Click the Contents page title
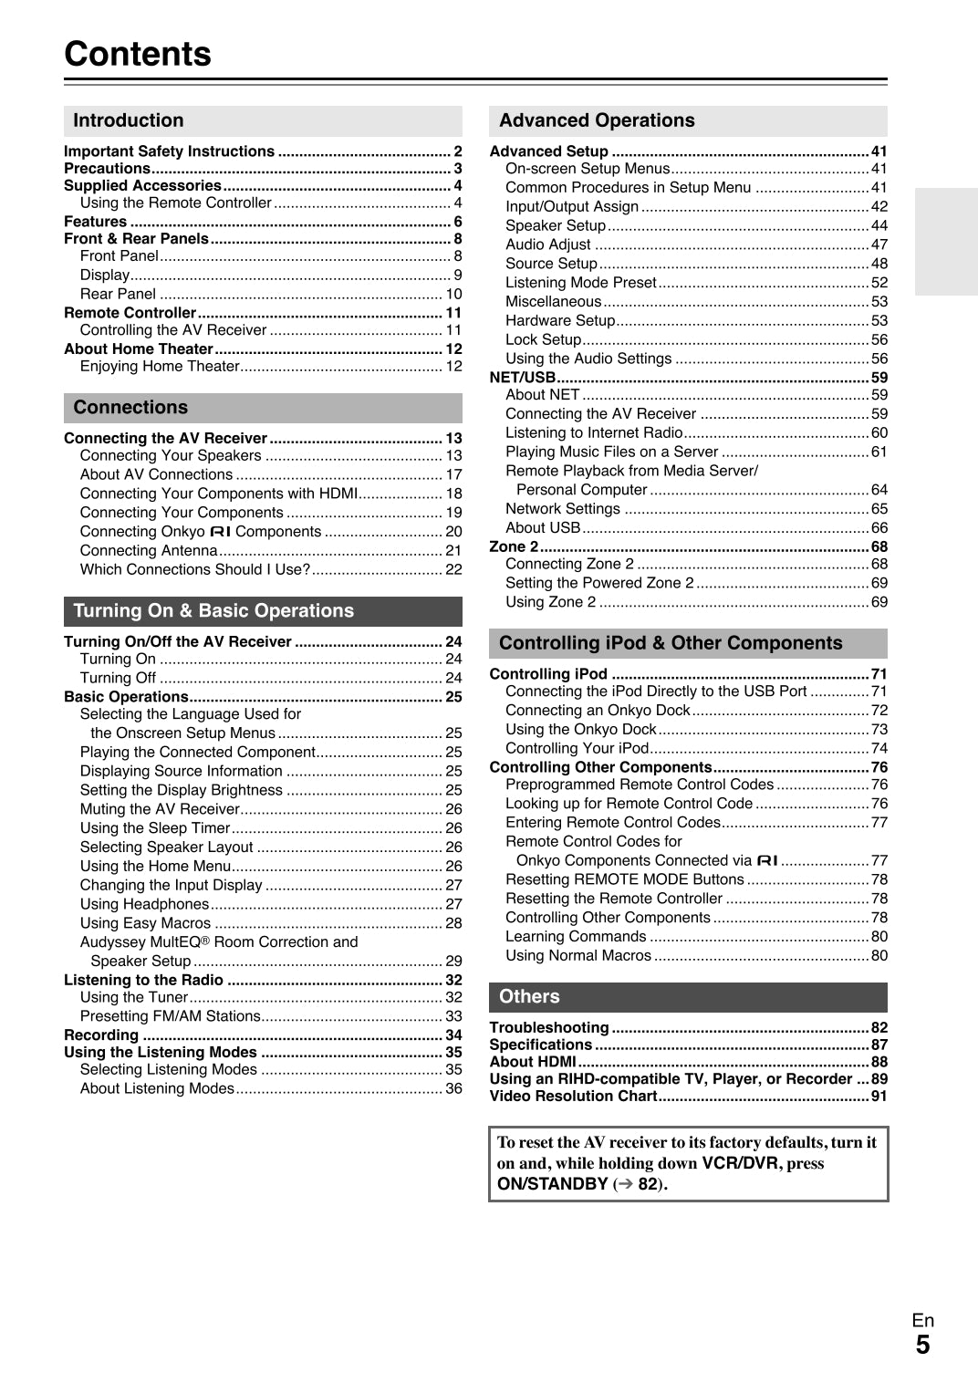(138, 54)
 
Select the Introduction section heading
(129, 120)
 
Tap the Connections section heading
(130, 408)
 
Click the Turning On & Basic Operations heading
(213, 611)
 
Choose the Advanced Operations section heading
(597, 120)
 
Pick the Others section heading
(529, 997)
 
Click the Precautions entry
(107, 169)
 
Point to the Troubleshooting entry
(549, 1027)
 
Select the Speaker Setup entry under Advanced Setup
(556, 225)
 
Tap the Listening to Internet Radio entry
(594, 433)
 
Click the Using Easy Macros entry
(145, 923)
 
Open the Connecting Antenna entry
(149, 551)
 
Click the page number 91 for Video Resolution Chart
(879, 1097)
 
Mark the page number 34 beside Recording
(453, 1035)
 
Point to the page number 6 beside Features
(458, 222)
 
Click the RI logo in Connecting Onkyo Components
(221, 532)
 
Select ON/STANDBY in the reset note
(552, 1184)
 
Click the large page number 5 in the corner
(922, 1345)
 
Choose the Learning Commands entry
(576, 937)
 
